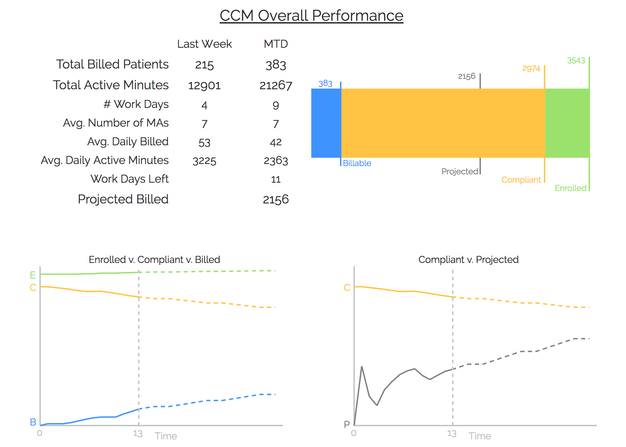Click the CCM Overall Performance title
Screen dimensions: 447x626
click(x=311, y=16)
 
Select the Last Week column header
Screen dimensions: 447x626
click(x=204, y=44)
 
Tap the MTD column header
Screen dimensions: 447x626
click(x=276, y=44)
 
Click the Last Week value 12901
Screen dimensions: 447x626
click(x=204, y=85)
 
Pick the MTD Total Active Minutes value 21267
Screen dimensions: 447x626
click(x=276, y=85)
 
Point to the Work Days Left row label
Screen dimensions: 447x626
click(x=129, y=179)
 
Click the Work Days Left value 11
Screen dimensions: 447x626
click(x=276, y=179)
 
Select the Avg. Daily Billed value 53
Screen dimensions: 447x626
click(x=204, y=142)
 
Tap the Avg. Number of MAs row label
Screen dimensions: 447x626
click(x=116, y=123)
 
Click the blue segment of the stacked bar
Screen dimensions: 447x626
click(x=326, y=123)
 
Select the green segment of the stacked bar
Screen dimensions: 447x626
click(x=567, y=123)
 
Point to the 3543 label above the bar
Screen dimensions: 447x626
click(x=576, y=61)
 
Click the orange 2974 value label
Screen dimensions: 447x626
click(x=531, y=69)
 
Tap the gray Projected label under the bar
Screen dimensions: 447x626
click(x=460, y=171)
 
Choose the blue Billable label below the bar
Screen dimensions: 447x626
click(x=357, y=163)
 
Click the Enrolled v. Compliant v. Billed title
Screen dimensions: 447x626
click(x=154, y=259)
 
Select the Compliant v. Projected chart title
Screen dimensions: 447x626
click(x=468, y=259)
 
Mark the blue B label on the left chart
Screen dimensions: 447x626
click(x=33, y=422)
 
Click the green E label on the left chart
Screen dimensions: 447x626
click(x=33, y=275)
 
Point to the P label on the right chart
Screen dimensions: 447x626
click(x=347, y=424)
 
